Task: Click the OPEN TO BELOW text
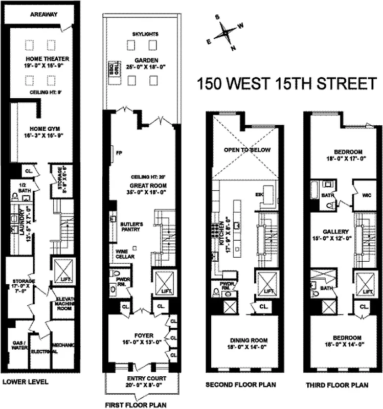coord(247,150)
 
